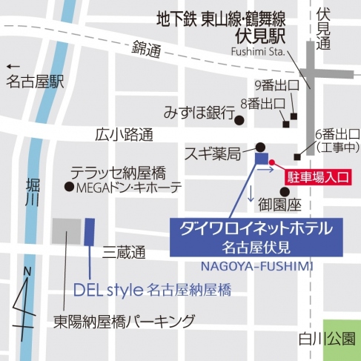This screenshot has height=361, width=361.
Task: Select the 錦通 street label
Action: coord(147,50)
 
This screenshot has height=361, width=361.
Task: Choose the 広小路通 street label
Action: coord(124,135)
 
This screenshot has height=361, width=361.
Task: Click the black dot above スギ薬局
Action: coord(260,146)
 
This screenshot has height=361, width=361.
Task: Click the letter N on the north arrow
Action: coord(27,273)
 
